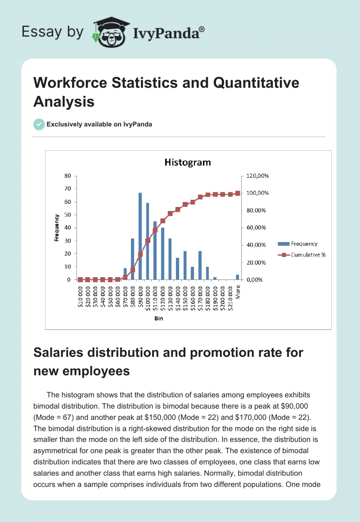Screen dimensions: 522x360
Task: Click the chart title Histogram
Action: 187,162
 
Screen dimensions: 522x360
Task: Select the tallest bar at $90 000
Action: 140,236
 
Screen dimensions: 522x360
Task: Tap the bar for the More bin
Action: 238,277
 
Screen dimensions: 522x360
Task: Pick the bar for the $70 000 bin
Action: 126,274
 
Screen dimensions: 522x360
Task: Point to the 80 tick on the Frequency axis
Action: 67,175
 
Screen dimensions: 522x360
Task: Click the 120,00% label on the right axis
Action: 258,175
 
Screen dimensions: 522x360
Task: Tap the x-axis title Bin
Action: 158,318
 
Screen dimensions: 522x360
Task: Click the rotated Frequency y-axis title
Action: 57,228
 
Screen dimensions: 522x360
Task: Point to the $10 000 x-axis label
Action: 81,297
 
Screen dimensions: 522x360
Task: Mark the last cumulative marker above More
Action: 238,193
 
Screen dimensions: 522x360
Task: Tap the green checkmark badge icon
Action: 39,124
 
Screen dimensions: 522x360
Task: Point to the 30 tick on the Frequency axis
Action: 67,241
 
